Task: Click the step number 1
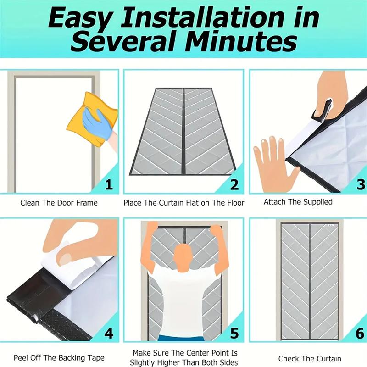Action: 109,184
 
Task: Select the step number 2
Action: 234,184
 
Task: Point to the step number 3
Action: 361,184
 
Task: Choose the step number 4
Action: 109,333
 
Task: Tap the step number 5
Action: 234,333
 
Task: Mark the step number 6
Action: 361,333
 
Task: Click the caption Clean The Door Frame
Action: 59,202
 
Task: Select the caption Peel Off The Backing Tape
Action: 59,358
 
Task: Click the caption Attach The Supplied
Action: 298,202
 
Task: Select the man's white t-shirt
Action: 183,298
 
